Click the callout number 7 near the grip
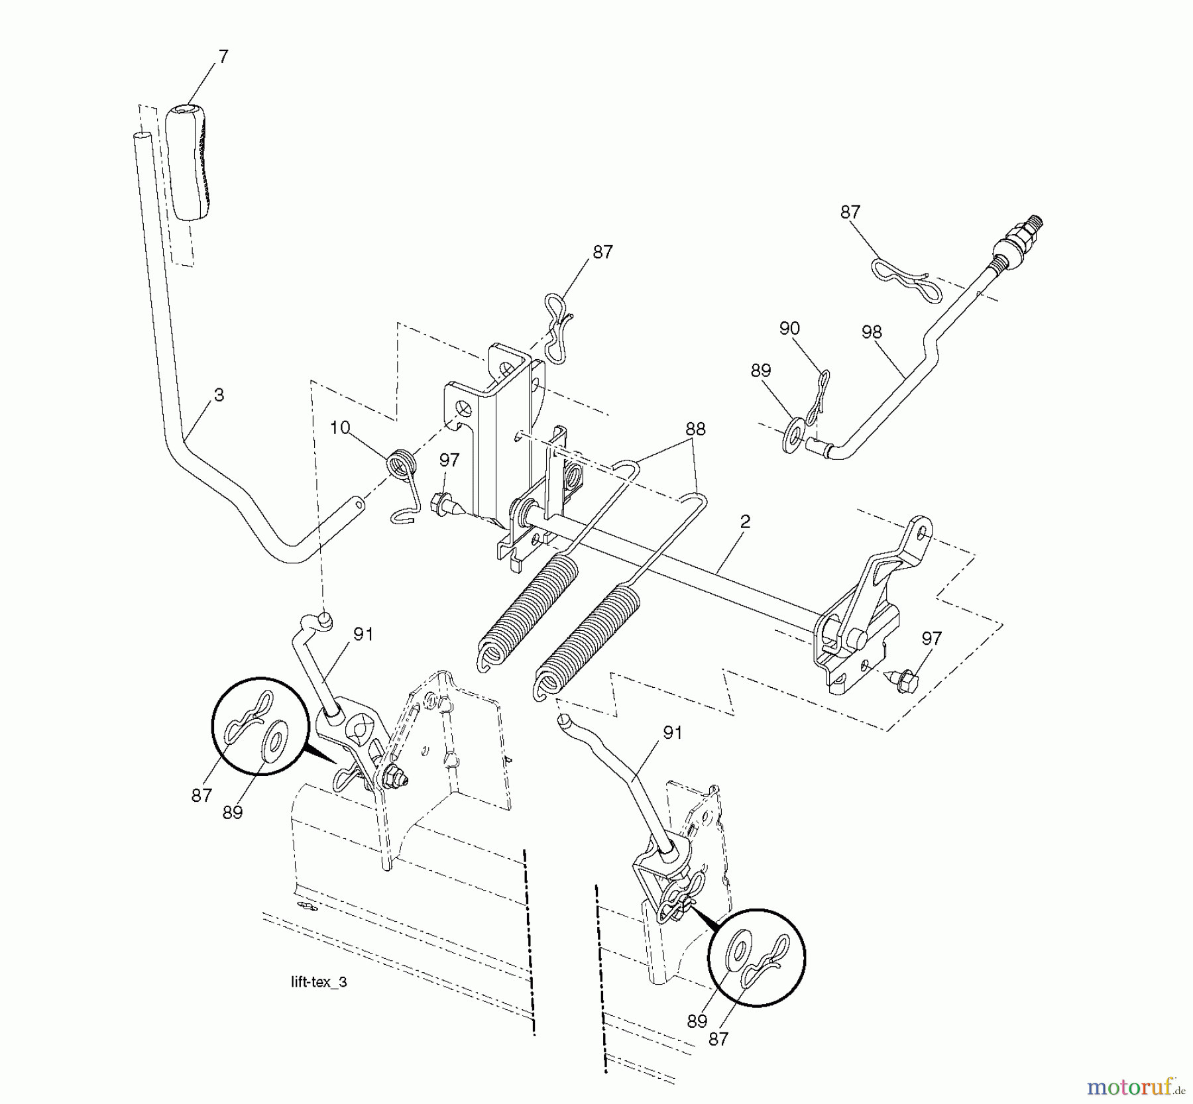pos(223,57)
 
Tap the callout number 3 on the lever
pos(219,395)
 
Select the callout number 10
pos(339,427)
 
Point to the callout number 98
pos(872,332)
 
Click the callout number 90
pos(789,329)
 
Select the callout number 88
pos(695,429)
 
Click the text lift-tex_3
pos(319,982)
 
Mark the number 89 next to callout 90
pos(760,370)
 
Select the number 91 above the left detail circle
pos(363,634)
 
